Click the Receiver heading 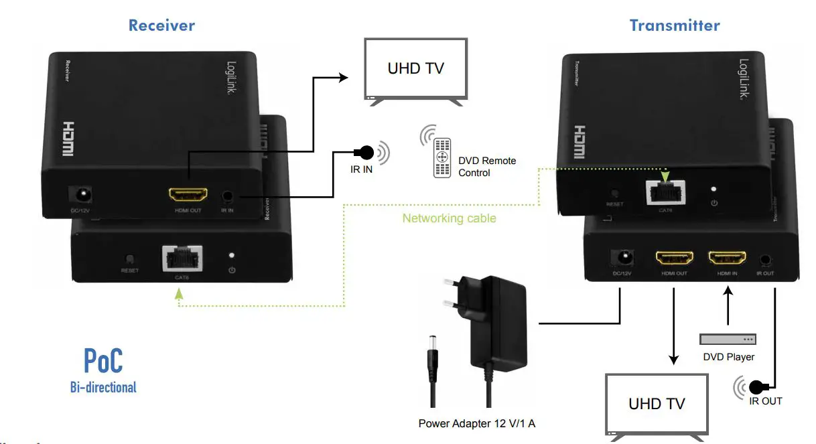[x=161, y=25]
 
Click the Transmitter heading [x=675, y=25]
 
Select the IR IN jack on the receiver [x=228, y=197]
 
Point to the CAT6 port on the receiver [x=182, y=258]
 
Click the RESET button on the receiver [x=130, y=259]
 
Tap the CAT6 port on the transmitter [x=665, y=192]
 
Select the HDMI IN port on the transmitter [x=728, y=258]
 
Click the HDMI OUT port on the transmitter [x=673, y=258]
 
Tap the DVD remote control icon [x=441, y=157]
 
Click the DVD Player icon [x=728, y=340]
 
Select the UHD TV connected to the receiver [x=415, y=68]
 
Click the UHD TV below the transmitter [x=657, y=404]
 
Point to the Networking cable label [x=449, y=218]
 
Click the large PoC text [x=103, y=361]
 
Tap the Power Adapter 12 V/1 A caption [x=476, y=423]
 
